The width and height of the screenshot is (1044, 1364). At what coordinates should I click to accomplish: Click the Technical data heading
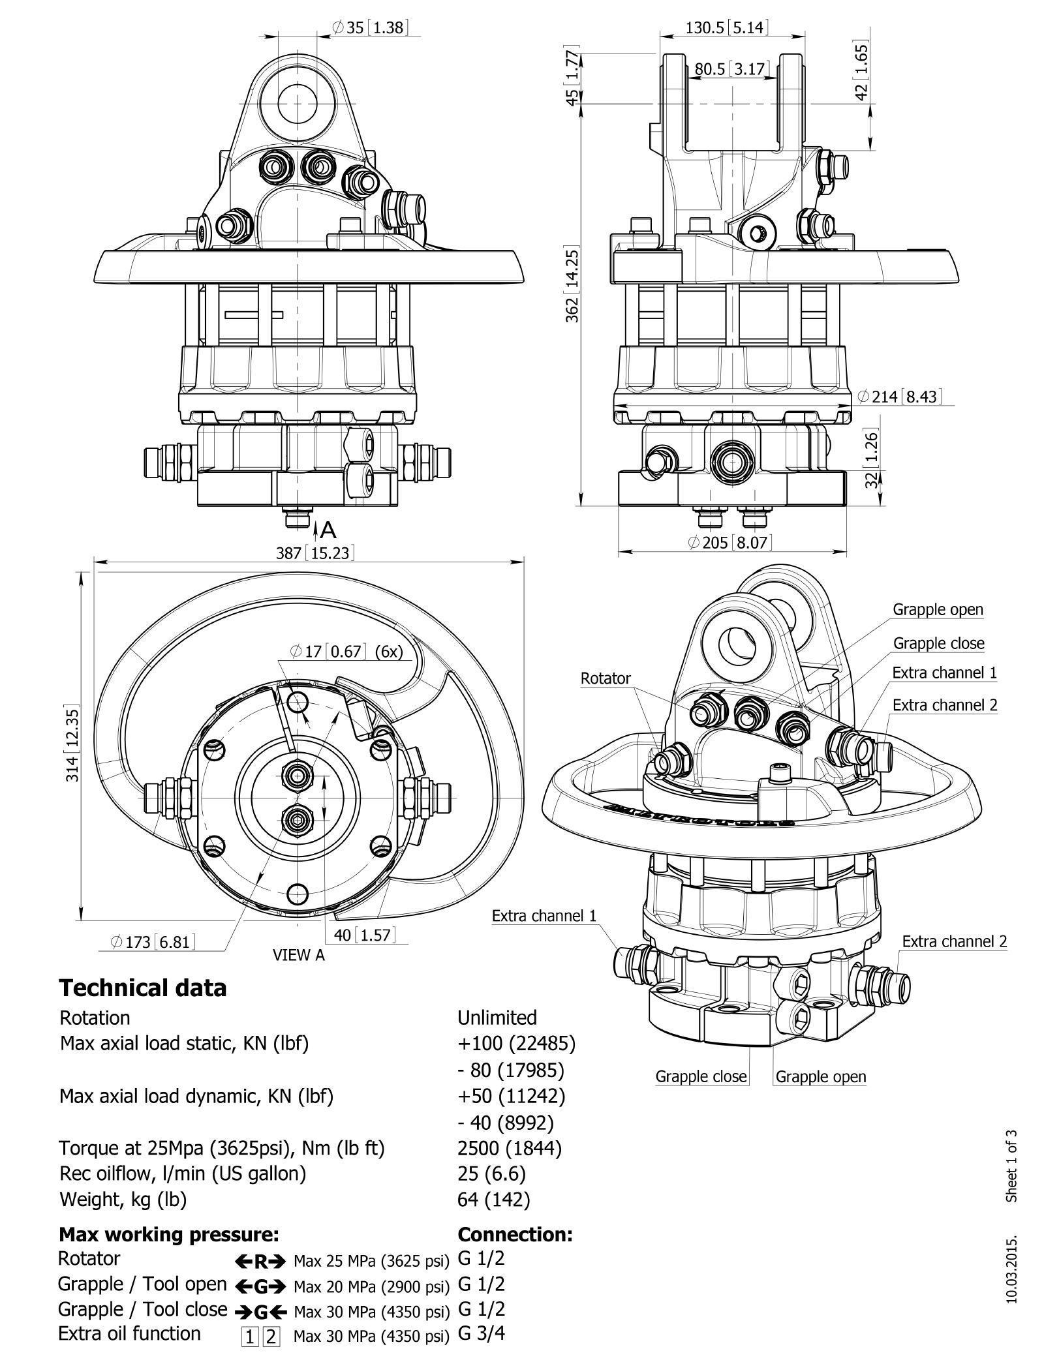pos(142,988)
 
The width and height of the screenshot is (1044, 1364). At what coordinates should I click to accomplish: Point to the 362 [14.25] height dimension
pos(572,284)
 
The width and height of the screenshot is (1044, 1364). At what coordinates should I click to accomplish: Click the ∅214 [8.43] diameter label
pos(899,396)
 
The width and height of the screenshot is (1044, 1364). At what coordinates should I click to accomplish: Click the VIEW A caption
pos(298,955)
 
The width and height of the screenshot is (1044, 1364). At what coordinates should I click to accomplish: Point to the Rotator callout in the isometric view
pos(606,678)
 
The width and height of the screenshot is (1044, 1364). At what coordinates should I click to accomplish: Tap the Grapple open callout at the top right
pos(938,609)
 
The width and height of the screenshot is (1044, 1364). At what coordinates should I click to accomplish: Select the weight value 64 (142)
pos(493,1199)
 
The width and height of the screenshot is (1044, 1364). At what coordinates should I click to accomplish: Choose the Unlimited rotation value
pos(497,1018)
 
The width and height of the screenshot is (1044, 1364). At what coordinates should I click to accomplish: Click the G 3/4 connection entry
pos(482,1333)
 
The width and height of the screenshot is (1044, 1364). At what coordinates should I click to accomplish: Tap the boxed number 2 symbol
pos(271,1335)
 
